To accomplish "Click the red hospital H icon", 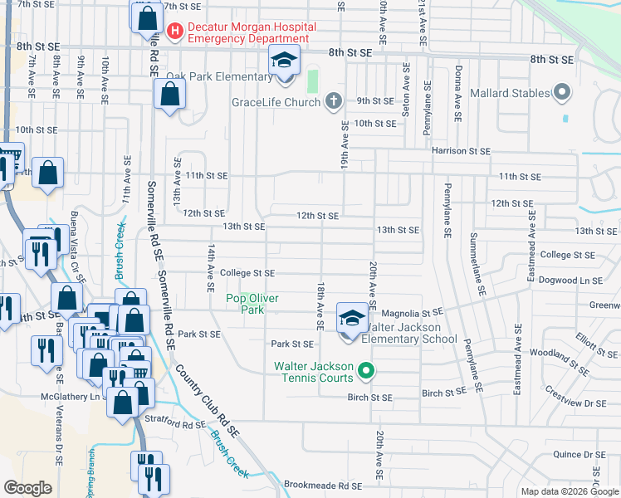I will pos(175,32).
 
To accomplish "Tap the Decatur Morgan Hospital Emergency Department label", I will pos(248,32).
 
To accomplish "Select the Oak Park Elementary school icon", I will pos(284,61).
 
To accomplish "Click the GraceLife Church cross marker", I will pos(332,102).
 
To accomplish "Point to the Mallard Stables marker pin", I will pos(563,93).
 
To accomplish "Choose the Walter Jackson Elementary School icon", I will pos(350,319).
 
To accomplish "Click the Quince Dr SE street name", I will pos(578,454).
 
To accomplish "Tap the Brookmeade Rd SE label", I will pos(323,486).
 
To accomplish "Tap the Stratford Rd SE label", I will pos(181,424).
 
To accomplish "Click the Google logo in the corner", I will pos(28,488).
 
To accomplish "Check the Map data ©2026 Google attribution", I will pos(569,491).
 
